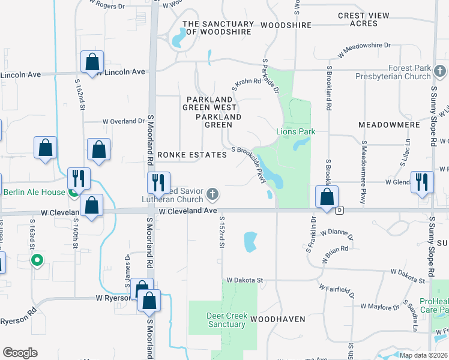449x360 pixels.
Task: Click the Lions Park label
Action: tap(295, 131)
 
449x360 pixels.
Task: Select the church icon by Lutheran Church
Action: tap(212, 194)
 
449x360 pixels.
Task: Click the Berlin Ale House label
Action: tap(34, 193)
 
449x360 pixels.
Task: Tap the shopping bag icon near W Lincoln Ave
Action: tap(92, 61)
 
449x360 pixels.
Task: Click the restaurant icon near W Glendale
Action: tap(421, 181)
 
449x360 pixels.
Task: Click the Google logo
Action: tap(20, 352)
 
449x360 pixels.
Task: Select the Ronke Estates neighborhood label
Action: tap(192, 155)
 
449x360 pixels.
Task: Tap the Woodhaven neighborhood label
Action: tap(278, 319)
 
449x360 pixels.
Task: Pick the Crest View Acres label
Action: tap(366, 20)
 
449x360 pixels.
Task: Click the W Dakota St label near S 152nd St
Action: tap(245, 280)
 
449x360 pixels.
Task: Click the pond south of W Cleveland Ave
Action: tap(250, 242)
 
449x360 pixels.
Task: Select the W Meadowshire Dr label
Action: tap(364, 50)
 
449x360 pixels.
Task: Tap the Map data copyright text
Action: tap(423, 355)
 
